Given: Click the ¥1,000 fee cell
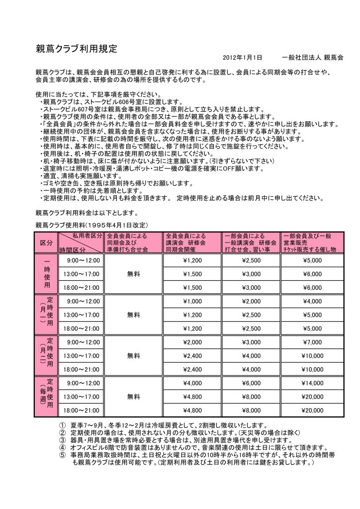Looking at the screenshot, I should coord(192,301).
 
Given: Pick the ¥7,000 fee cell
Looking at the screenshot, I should coord(312,342).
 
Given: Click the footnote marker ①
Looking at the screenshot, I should coord(62,425).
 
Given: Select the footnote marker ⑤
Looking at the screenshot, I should coord(62,454).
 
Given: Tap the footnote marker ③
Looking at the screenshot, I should coord(62,440).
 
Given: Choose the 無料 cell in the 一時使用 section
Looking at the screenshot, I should coord(133,274).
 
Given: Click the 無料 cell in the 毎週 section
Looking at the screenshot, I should coord(133,396).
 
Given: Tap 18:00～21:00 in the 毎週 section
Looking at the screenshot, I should coord(80,410).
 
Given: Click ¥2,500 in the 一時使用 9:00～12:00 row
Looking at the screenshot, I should coord(251,260).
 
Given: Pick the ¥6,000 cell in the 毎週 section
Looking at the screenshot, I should coord(251,383).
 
